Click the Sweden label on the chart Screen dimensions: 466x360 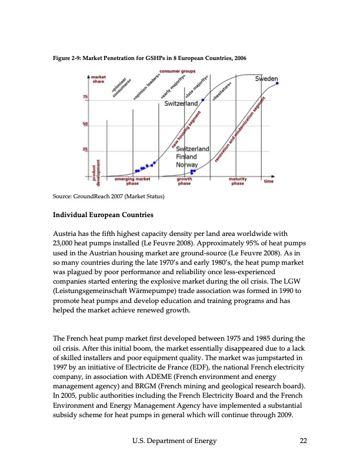[267, 78]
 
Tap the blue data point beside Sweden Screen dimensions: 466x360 [278, 84]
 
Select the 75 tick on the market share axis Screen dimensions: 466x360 [85, 97]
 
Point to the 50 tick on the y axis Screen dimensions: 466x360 [85, 124]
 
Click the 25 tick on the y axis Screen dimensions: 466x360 [85, 151]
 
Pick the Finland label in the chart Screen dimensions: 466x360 [187, 157]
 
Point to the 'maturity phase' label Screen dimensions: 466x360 [237, 181]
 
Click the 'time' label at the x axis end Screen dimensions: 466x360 [268, 181]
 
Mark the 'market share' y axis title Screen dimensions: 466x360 [98, 79]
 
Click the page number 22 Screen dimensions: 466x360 [303, 441]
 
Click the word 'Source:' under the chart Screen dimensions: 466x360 [62, 195]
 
